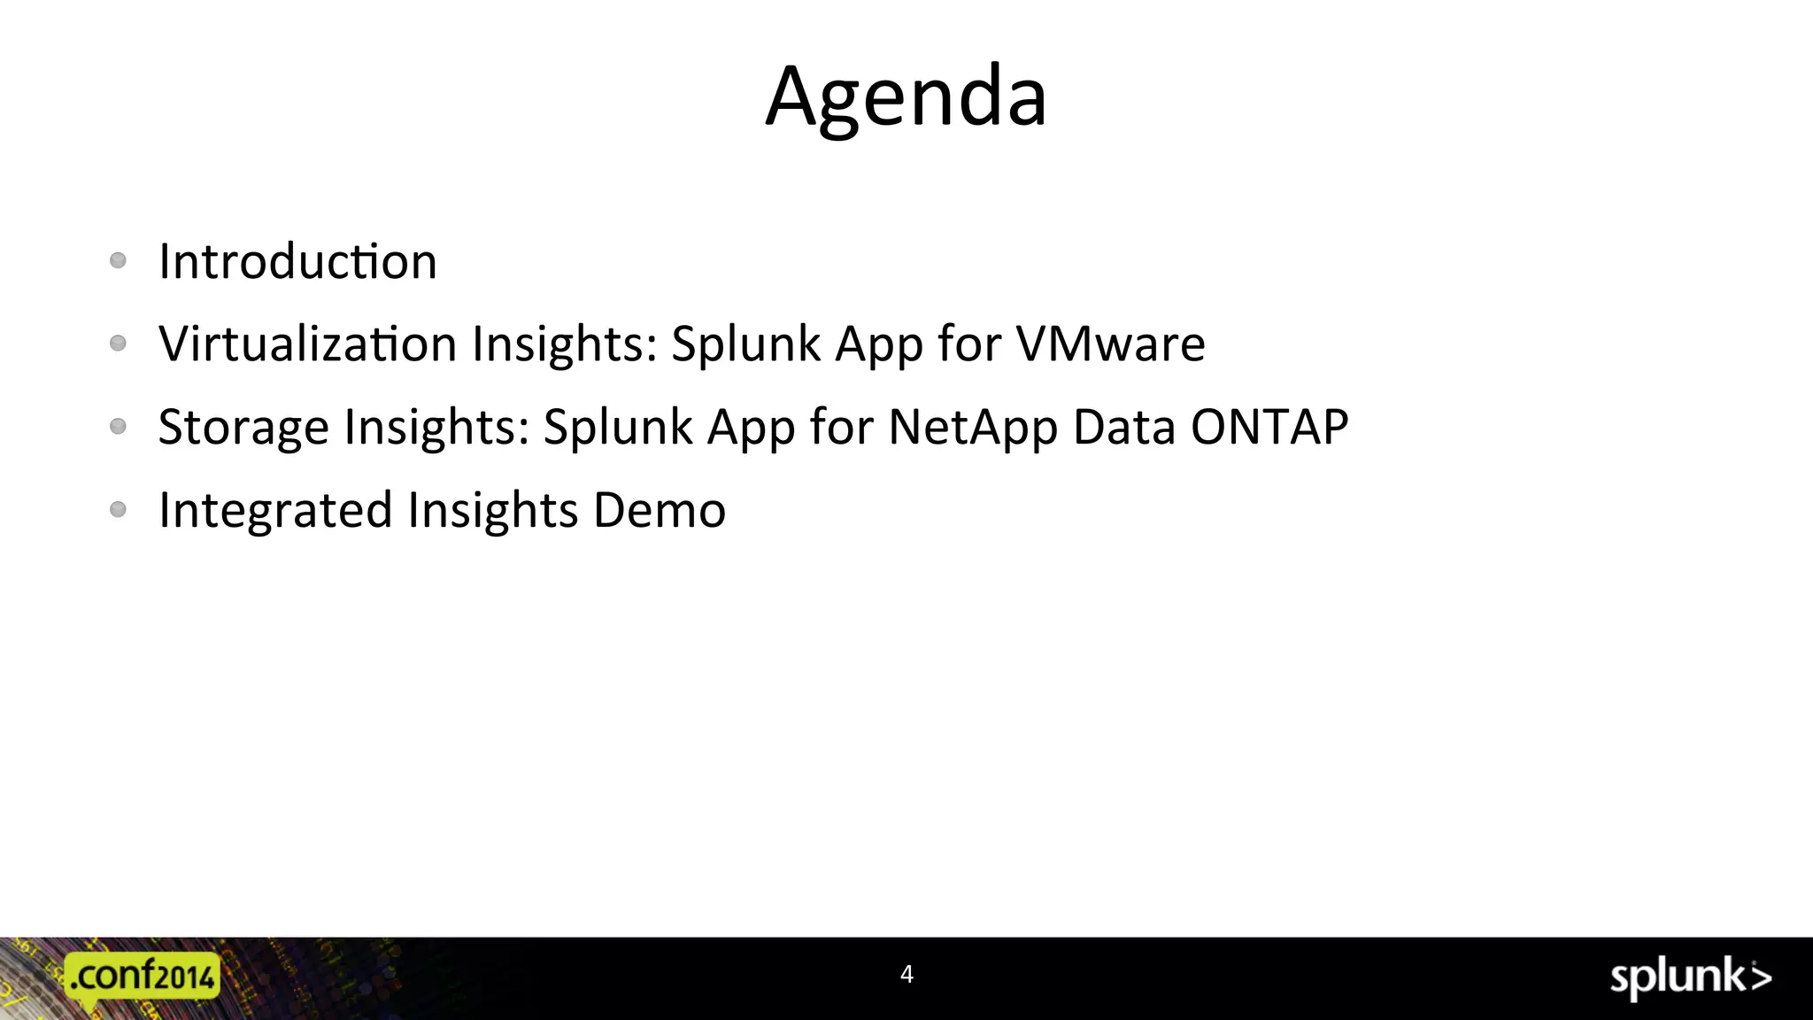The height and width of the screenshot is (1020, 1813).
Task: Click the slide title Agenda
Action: click(x=906, y=97)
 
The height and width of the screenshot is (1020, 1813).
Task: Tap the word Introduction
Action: click(x=297, y=262)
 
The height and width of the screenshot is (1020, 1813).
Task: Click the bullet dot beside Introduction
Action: click(x=118, y=260)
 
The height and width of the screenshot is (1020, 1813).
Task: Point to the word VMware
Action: click(x=1110, y=344)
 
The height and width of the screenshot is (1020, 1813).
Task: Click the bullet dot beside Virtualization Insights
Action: click(x=118, y=343)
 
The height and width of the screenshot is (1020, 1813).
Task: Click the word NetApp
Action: click(x=972, y=429)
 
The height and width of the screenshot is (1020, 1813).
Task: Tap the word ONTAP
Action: click(x=1269, y=427)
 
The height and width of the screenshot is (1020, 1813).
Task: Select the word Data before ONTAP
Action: click(x=1124, y=427)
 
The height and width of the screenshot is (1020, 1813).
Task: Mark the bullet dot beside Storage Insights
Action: click(x=118, y=426)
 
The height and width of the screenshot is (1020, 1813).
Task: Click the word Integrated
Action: click(x=275, y=512)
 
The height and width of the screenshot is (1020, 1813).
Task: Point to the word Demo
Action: click(x=660, y=510)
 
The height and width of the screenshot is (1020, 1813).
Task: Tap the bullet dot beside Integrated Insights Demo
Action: click(x=118, y=509)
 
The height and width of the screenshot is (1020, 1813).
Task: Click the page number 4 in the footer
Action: click(x=906, y=974)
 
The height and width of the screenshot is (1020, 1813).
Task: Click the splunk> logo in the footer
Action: click(x=1690, y=977)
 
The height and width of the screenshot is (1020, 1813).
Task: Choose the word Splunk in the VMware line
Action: click(x=746, y=344)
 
